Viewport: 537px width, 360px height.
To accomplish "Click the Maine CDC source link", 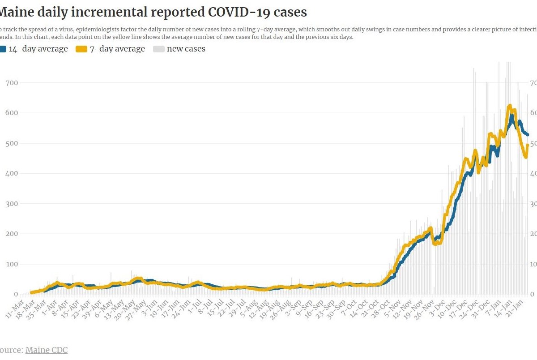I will (x=47, y=350).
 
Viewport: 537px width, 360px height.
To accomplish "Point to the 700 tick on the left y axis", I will (x=12, y=83).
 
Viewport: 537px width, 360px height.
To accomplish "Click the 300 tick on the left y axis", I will (x=12, y=204).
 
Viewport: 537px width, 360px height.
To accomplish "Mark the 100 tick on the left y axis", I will (x=12, y=264).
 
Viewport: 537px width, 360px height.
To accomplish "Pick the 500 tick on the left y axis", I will (x=12, y=143).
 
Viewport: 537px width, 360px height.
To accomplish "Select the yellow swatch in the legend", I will (x=81, y=49).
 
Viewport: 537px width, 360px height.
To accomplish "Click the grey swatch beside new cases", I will (x=158, y=49).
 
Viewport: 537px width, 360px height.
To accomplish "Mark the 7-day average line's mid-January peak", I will (x=510, y=106).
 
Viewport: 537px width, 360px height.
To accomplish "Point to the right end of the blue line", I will (x=528, y=134).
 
